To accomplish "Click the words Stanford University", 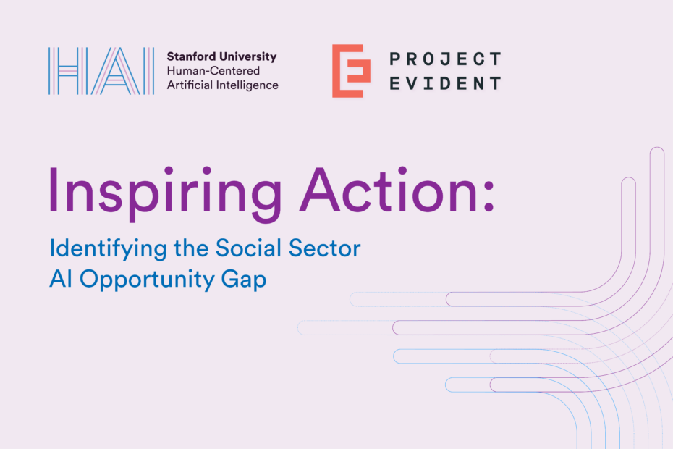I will click(221, 56).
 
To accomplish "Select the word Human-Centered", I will click(213, 71).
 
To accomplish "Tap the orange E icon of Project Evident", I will click(351, 71).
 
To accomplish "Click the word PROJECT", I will click(444, 59).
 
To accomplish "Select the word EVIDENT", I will click(444, 83).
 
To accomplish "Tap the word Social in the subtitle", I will click(247, 248).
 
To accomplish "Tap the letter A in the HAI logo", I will click(111, 71).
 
